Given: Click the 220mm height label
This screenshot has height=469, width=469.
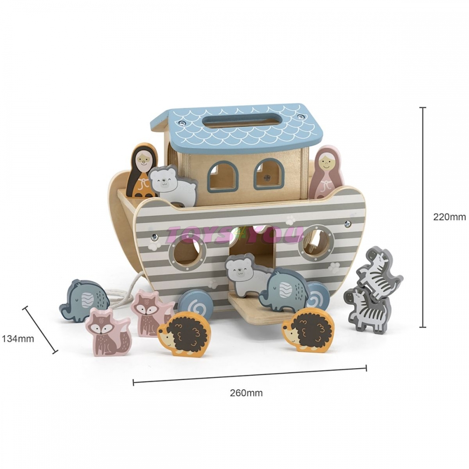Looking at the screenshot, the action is pos(449,217).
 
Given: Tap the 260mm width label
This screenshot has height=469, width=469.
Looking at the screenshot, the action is pos(246,393).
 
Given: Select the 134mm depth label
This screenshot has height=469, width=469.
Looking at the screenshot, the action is pos(18,339).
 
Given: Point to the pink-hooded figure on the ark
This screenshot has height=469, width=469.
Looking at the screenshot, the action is pos(326,172).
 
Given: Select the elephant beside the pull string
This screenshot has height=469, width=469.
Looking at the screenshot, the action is pos(84,300).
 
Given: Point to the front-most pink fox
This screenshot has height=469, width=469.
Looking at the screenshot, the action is pos(108,332).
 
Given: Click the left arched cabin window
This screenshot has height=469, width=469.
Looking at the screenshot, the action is pos(221,174).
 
